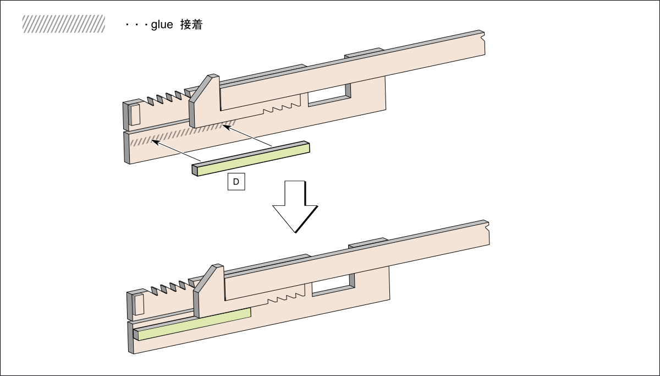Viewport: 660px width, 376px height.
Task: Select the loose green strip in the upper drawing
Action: pyautogui.click(x=253, y=160)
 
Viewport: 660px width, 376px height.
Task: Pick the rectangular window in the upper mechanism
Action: pyautogui.click(x=329, y=95)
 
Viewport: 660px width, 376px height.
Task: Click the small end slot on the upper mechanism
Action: pyautogui.click(x=135, y=114)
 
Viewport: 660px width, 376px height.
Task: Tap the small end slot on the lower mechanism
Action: pyautogui.click(x=139, y=304)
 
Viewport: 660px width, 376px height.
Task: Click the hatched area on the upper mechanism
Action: pyautogui.click(x=182, y=134)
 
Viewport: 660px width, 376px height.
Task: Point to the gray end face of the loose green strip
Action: pyautogui.click(x=195, y=170)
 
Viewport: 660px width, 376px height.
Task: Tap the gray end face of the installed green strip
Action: pyautogui.click(x=136, y=335)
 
